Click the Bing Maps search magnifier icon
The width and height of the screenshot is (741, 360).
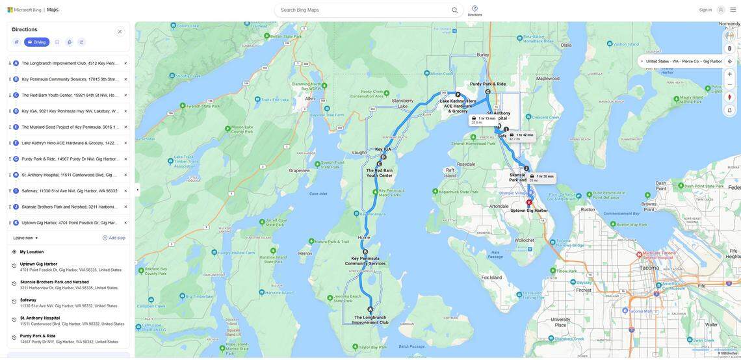click(455, 10)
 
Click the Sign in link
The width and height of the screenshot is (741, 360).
click(705, 10)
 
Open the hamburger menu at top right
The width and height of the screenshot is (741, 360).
click(733, 10)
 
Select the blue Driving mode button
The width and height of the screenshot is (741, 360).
click(37, 42)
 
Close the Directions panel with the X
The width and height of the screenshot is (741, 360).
click(120, 31)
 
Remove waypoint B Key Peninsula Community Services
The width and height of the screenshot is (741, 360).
click(125, 79)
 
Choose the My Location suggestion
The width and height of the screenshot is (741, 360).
click(32, 252)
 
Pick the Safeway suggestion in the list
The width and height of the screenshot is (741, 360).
click(29, 300)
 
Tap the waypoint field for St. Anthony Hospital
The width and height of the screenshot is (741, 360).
click(69, 175)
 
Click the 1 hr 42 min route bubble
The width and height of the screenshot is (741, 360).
click(521, 136)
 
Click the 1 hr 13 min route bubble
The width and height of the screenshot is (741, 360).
click(484, 120)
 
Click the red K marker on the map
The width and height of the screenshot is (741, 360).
click(529, 202)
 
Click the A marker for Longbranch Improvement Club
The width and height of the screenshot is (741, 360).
click(370, 310)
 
